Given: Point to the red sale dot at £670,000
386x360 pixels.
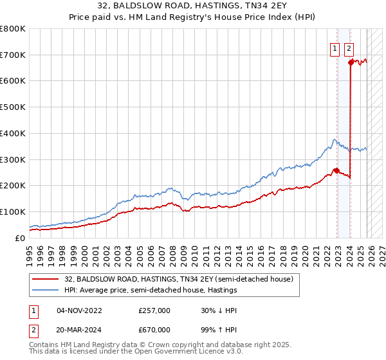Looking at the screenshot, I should pyautogui.click(x=351, y=62).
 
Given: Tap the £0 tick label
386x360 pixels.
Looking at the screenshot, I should pyautogui.click(x=20, y=238).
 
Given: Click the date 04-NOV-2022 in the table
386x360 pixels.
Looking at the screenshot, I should pyautogui.click(x=79, y=310).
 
